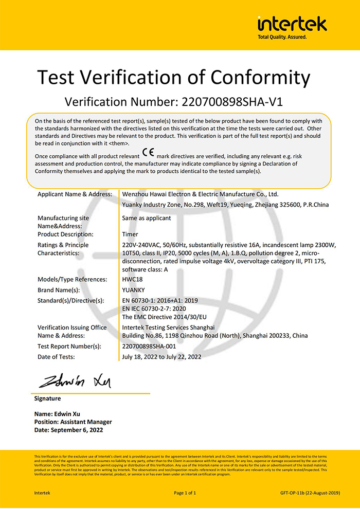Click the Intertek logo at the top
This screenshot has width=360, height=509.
pos(292,24)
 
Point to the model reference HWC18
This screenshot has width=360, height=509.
pos(132,279)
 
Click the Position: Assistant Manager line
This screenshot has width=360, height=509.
pos(73,422)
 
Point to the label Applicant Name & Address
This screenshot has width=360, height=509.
pos(75,194)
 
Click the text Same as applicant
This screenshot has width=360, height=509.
pos(147,218)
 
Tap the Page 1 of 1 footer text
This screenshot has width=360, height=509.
pos(185,493)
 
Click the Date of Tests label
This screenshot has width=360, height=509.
pos(56,356)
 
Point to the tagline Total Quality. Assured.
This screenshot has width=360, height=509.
pos(282,37)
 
